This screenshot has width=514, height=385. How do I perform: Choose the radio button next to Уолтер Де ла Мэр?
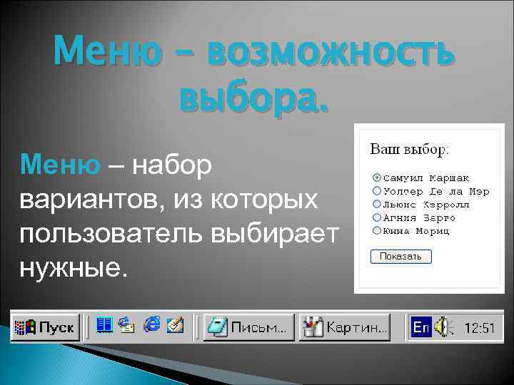pos(376,190)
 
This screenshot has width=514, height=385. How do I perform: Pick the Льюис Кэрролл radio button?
pos(376,203)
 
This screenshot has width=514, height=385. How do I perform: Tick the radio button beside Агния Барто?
pos(376,217)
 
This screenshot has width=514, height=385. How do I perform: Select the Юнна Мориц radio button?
pos(376,230)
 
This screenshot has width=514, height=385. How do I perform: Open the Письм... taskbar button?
pos(248,327)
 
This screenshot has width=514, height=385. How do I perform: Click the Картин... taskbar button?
pos(345,327)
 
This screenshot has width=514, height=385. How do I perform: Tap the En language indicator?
pos(421,327)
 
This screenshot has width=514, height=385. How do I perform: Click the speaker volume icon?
pos(444,327)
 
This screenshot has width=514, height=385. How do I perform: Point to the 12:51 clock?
pos(479,328)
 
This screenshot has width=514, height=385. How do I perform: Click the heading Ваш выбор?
pos(408,150)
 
